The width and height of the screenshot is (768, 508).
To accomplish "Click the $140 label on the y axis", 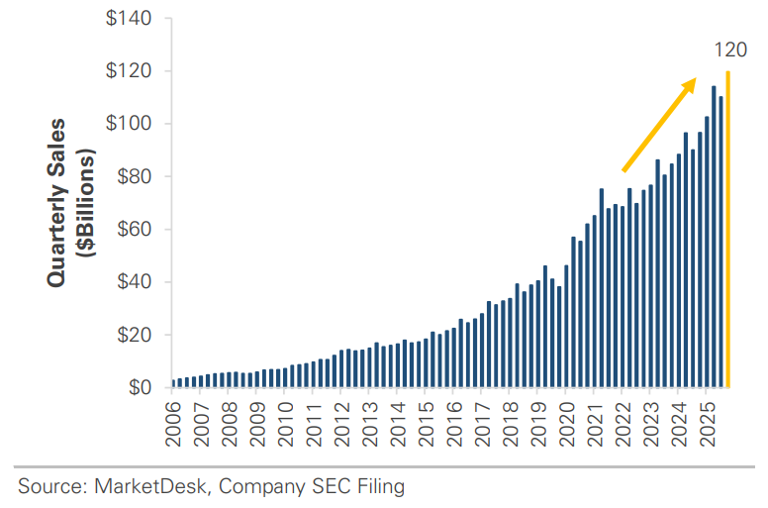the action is [129, 19].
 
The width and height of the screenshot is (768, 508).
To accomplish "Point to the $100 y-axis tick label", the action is [129, 124].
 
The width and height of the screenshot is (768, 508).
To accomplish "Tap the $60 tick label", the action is [135, 230].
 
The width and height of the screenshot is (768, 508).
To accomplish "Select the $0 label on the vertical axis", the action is [141, 387].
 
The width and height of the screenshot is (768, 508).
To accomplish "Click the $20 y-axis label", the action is [135, 335].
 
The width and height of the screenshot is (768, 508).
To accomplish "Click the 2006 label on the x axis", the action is [173, 424].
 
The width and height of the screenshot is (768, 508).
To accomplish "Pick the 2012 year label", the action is [341, 424].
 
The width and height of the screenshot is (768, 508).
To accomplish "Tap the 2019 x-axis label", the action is [538, 424].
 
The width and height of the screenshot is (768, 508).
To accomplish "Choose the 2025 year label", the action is [708, 424].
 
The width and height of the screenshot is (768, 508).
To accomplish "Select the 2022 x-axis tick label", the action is [624, 424].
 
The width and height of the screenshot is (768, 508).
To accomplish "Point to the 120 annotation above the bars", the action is [730, 50].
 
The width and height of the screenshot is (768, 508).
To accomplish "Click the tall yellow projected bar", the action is [727, 230].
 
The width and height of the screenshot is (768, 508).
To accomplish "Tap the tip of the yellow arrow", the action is [696, 77].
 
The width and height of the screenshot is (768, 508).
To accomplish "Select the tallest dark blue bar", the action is [714, 237].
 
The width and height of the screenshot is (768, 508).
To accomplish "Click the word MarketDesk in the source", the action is [150, 486].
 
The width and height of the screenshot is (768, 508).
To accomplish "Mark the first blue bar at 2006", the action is [173, 383].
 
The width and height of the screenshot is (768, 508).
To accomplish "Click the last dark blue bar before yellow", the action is [720, 242].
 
